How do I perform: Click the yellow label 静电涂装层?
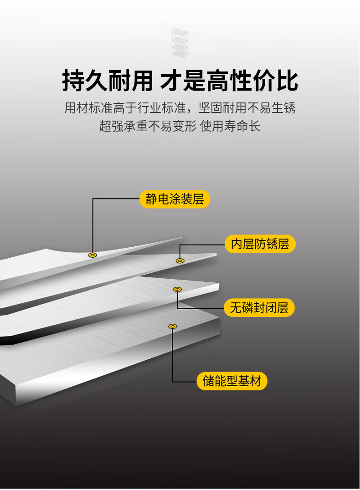175,199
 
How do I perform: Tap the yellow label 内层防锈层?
260,244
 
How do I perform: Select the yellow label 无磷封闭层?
259,308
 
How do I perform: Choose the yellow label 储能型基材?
232,381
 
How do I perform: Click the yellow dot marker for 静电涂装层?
92,255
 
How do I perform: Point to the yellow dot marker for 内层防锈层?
180,260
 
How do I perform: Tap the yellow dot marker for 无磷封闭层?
177,289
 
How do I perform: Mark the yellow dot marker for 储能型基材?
173,326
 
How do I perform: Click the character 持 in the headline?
73,81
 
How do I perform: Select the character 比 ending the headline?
287,81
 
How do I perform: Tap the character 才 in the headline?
171,81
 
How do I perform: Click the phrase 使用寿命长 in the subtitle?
230,126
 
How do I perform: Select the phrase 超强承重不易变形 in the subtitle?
148,126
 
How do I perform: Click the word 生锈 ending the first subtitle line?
283,108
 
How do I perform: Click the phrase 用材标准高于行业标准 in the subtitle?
125,108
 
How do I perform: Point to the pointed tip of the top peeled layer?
182,238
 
